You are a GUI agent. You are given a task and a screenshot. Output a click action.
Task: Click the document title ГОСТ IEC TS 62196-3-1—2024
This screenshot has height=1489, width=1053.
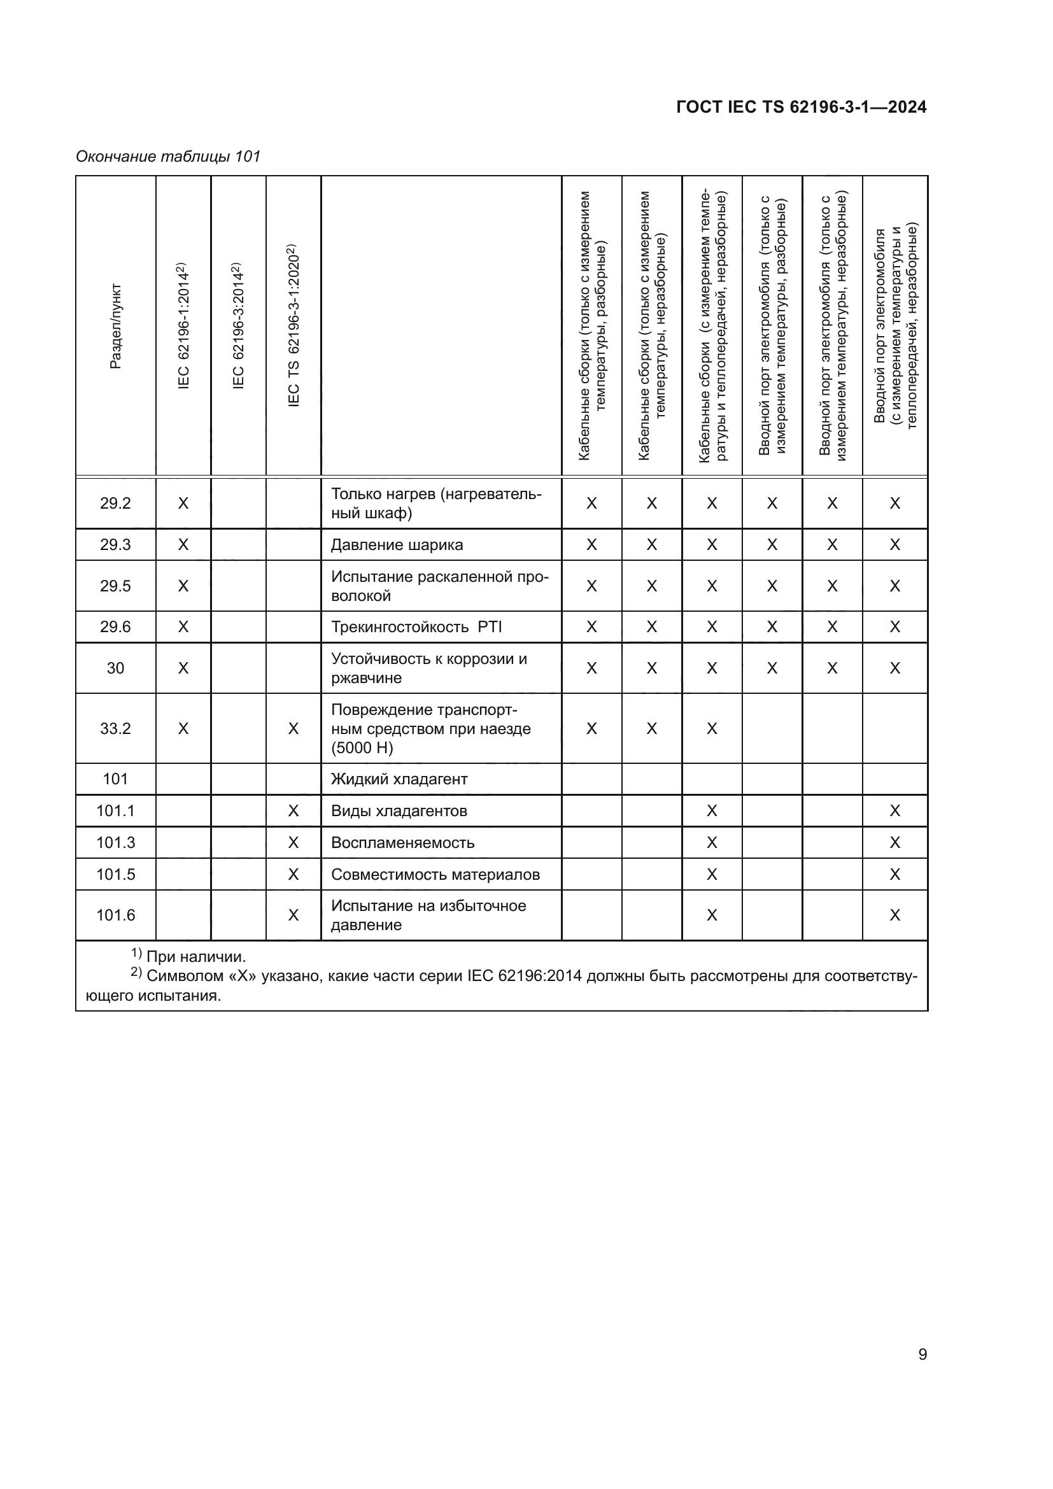point(801,107)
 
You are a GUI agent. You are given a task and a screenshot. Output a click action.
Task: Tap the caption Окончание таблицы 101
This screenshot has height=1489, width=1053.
point(168,157)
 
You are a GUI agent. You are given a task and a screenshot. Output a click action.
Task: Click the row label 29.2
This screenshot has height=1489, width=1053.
point(115,504)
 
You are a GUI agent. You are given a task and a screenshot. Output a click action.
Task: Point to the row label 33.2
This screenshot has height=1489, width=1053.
point(115,728)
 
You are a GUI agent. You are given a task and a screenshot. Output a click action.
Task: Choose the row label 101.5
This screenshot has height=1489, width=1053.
point(115,874)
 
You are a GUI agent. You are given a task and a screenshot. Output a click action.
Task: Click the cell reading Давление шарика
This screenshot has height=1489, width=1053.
point(397,545)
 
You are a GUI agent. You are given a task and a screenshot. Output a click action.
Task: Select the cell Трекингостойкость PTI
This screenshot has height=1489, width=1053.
point(416,627)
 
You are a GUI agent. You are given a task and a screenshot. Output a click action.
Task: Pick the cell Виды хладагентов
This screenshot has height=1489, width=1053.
point(399,810)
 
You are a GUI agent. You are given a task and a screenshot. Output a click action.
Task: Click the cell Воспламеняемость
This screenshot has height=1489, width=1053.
point(402,842)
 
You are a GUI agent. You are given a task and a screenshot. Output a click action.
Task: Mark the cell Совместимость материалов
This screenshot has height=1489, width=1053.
point(435,874)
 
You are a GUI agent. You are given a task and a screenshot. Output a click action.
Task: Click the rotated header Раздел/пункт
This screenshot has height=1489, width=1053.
point(115,326)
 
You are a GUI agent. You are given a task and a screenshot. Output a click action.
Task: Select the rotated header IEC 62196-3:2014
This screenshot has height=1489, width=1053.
point(238,326)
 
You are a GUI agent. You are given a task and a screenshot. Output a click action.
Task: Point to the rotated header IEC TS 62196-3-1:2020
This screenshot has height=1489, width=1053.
point(293,326)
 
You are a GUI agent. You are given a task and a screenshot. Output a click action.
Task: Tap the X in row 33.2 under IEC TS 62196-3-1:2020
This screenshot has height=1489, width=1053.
point(293,728)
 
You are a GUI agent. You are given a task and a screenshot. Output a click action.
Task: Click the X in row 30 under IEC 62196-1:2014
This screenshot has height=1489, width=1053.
point(183,668)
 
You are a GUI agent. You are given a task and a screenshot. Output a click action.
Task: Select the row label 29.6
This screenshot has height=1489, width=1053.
point(115,627)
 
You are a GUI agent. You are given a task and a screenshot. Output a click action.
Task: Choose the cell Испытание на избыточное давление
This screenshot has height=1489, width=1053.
point(428,915)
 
